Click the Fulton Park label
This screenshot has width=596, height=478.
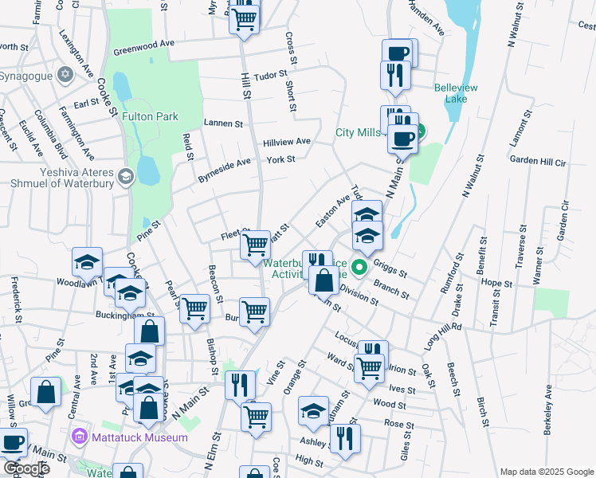(x=150, y=116)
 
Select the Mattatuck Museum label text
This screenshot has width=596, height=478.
(x=140, y=437)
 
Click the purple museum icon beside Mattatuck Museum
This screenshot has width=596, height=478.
(x=78, y=437)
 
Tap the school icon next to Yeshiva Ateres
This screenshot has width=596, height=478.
(x=125, y=176)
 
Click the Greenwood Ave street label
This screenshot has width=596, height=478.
(x=143, y=47)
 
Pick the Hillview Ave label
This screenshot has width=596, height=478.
(x=287, y=141)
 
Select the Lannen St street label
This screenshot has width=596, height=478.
(x=222, y=123)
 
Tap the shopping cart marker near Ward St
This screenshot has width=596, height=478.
(x=369, y=368)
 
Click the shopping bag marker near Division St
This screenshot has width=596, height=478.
(x=324, y=281)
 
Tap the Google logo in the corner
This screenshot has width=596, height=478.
(x=25, y=468)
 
